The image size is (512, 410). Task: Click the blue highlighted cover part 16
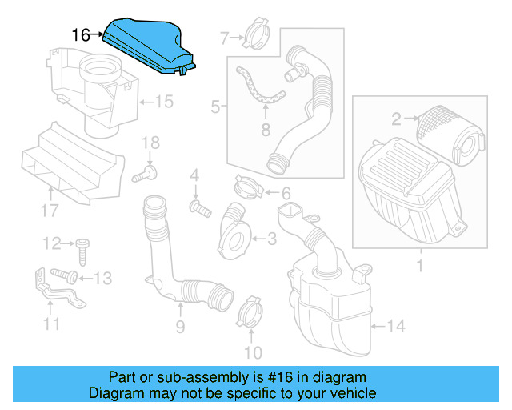tap(149, 46)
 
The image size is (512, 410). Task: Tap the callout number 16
tap(82, 35)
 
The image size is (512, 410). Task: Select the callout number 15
tap(163, 102)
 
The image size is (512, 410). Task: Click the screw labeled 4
tap(199, 207)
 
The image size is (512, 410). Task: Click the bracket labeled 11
tap(52, 297)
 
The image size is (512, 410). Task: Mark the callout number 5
tap(215, 105)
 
